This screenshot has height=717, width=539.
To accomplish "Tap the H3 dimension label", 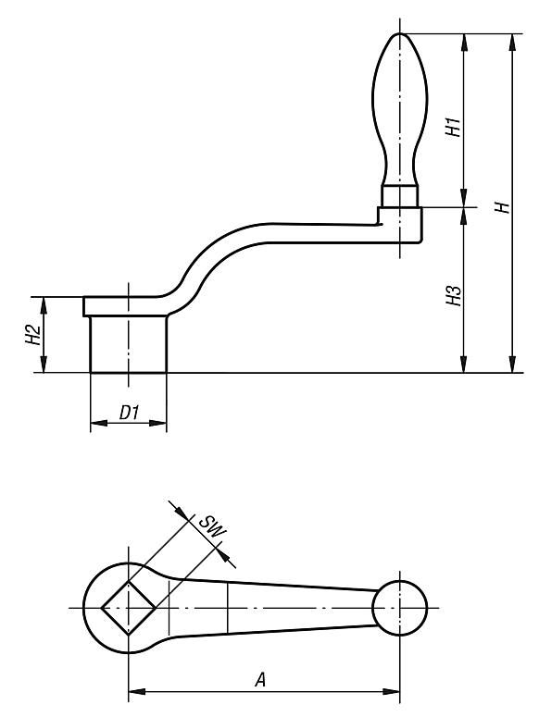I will coord(453,295).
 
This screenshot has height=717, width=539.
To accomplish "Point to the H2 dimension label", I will coord(31,335).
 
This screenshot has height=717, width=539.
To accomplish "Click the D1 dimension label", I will coord(128,416).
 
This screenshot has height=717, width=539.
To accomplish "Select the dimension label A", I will coord(262,679).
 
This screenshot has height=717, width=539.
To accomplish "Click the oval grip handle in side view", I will coord(398,106).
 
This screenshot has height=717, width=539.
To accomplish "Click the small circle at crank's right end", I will coord(399,608).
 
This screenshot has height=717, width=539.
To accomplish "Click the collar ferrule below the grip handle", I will coord(399,194).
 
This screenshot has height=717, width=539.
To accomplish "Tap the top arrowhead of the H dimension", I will coord(511,39).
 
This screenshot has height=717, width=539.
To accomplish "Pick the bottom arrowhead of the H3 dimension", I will coord(462,367).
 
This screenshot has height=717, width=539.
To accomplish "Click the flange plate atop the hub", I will coord(125,305).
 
